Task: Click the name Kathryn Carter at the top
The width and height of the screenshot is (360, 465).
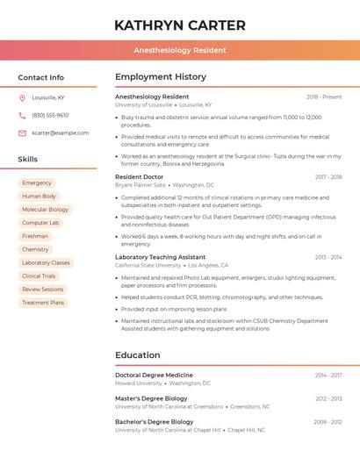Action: pyautogui.click(x=179, y=25)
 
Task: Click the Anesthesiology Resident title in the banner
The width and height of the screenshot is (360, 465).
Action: pyautogui.click(x=179, y=51)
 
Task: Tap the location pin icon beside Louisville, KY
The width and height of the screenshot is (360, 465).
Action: pyautogui.click(x=22, y=97)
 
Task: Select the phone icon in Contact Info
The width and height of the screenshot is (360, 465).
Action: pyautogui.click(x=22, y=115)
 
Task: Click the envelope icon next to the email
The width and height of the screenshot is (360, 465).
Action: pyautogui.click(x=22, y=133)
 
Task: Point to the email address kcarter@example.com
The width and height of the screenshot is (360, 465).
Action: pyautogui.click(x=60, y=133)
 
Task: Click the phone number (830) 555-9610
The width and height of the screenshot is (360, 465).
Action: pyautogui.click(x=50, y=115)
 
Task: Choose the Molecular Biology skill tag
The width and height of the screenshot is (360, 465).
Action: pyautogui.click(x=45, y=210)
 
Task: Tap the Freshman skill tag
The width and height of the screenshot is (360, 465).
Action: pyautogui.click(x=35, y=236)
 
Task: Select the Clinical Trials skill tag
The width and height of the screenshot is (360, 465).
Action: pyautogui.click(x=39, y=276)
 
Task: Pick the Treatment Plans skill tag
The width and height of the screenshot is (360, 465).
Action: pyautogui.click(x=43, y=303)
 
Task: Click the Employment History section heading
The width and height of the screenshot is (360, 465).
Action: pyautogui.click(x=160, y=77)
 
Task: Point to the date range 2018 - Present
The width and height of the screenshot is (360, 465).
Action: pyautogui.click(x=324, y=97)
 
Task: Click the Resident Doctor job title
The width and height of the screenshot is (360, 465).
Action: pyautogui.click(x=139, y=177)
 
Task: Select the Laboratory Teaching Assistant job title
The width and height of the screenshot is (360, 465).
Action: pyautogui.click(x=160, y=257)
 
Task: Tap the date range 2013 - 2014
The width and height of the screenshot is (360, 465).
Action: pyautogui.click(x=328, y=257)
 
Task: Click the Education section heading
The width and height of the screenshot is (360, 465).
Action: pyautogui.click(x=137, y=355)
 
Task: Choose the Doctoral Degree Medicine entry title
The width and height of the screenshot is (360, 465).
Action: pyautogui.click(x=154, y=375)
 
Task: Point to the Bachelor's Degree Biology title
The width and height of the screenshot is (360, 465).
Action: pyautogui.click(x=154, y=422)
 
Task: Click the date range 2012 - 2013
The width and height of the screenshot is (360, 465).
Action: pyautogui.click(x=328, y=398)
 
